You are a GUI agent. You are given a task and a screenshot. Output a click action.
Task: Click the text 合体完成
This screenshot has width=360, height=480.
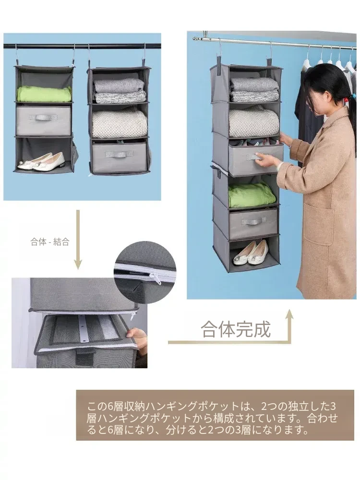[x=236, y=329]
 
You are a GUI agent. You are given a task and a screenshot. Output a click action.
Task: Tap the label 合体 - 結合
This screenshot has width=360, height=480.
[x=50, y=242]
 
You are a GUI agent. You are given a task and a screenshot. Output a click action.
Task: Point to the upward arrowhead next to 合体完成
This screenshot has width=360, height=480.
[x=288, y=316]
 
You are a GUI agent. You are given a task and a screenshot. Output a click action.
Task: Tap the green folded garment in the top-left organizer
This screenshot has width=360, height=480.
[x=44, y=94]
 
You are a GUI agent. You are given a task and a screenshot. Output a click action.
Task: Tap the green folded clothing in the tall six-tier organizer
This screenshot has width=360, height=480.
[x=252, y=195]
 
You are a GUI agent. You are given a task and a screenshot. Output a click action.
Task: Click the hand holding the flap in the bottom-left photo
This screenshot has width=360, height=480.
[x=137, y=339]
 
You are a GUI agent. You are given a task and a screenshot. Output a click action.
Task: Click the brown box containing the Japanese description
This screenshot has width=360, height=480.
[x=215, y=415]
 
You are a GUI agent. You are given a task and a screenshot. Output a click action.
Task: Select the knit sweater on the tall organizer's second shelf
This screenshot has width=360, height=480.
[x=254, y=121]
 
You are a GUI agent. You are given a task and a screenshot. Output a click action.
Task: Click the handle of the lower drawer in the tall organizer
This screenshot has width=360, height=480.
[x=253, y=221]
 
